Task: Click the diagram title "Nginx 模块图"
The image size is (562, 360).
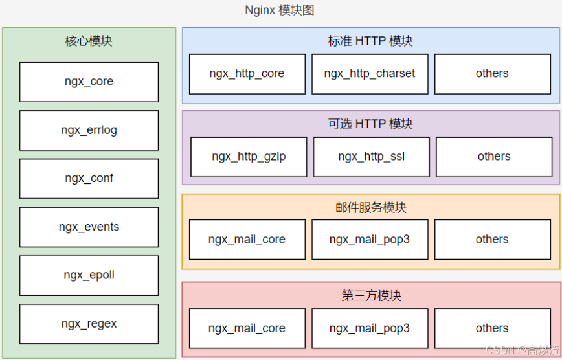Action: [x=280, y=10]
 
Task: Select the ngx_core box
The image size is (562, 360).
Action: [x=89, y=82]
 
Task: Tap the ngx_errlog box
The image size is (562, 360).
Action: [x=89, y=130]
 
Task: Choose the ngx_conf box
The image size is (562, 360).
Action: [x=89, y=178]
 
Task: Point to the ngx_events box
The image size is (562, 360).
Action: [x=89, y=227]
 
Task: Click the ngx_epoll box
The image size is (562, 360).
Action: [x=89, y=275]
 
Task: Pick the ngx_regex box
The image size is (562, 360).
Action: [x=89, y=324]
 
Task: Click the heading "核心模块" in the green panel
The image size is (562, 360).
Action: [x=89, y=41]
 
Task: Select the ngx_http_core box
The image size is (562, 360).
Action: [x=247, y=74]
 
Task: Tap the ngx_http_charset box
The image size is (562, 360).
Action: [x=370, y=74]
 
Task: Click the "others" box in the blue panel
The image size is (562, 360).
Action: [x=492, y=74]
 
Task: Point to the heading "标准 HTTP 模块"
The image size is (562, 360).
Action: [x=370, y=41]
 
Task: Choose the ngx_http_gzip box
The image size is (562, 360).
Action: [x=249, y=157]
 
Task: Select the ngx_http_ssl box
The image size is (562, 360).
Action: [x=371, y=157]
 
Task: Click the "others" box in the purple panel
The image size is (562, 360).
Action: [x=494, y=157]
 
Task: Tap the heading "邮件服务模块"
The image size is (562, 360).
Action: [x=370, y=208]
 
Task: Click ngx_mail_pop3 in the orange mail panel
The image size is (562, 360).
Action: [x=370, y=240]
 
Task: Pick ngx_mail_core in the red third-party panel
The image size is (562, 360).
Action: [x=247, y=328]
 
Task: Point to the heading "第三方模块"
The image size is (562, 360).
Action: [x=370, y=296]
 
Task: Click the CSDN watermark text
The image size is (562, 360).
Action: [x=522, y=350]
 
